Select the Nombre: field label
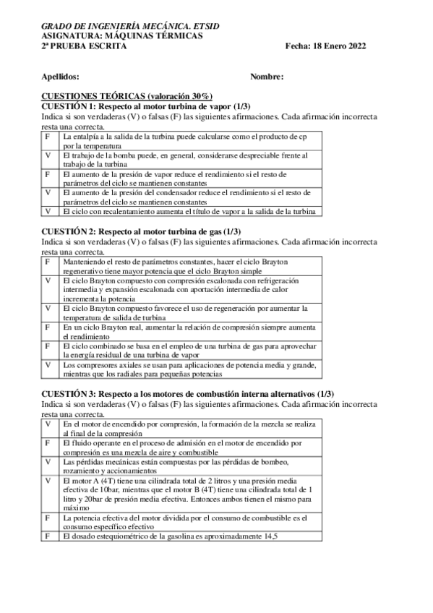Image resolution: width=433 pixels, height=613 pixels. pos(267,77)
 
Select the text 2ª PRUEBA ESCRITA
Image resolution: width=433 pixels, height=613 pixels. pos(84,46)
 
